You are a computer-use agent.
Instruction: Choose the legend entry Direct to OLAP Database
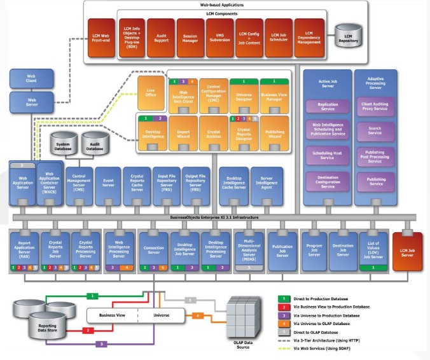317,331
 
